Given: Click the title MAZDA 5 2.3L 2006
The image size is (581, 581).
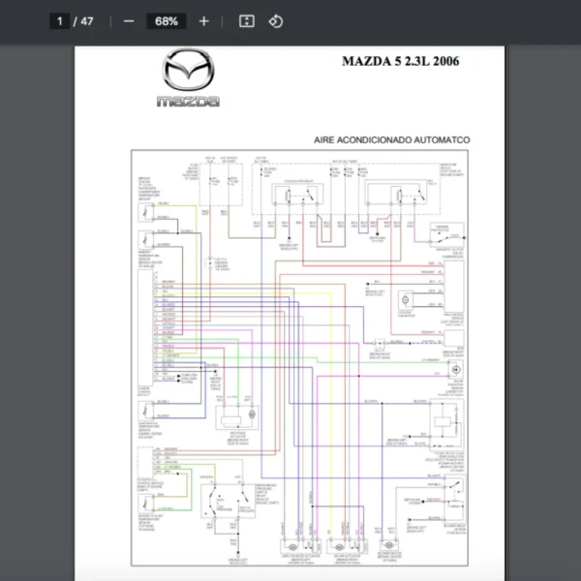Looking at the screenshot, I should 400,61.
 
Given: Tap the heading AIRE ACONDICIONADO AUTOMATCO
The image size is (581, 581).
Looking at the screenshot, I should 392,140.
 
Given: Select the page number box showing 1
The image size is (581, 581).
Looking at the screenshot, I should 59,20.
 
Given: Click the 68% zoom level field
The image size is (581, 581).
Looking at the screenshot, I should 164,20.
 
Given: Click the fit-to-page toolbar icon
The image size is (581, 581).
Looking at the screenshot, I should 246,20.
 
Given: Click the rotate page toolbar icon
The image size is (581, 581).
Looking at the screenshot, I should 276,20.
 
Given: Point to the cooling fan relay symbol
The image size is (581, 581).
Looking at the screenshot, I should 291,198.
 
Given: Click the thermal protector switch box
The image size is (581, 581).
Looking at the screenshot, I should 446,233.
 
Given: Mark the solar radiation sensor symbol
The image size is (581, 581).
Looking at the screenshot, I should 452,371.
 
